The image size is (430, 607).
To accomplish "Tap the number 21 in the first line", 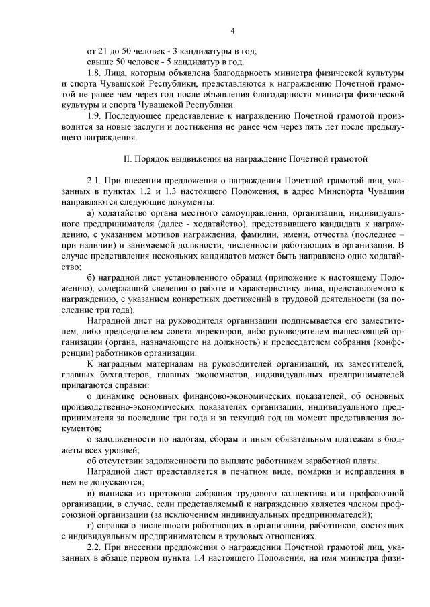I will pos(105,52).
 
